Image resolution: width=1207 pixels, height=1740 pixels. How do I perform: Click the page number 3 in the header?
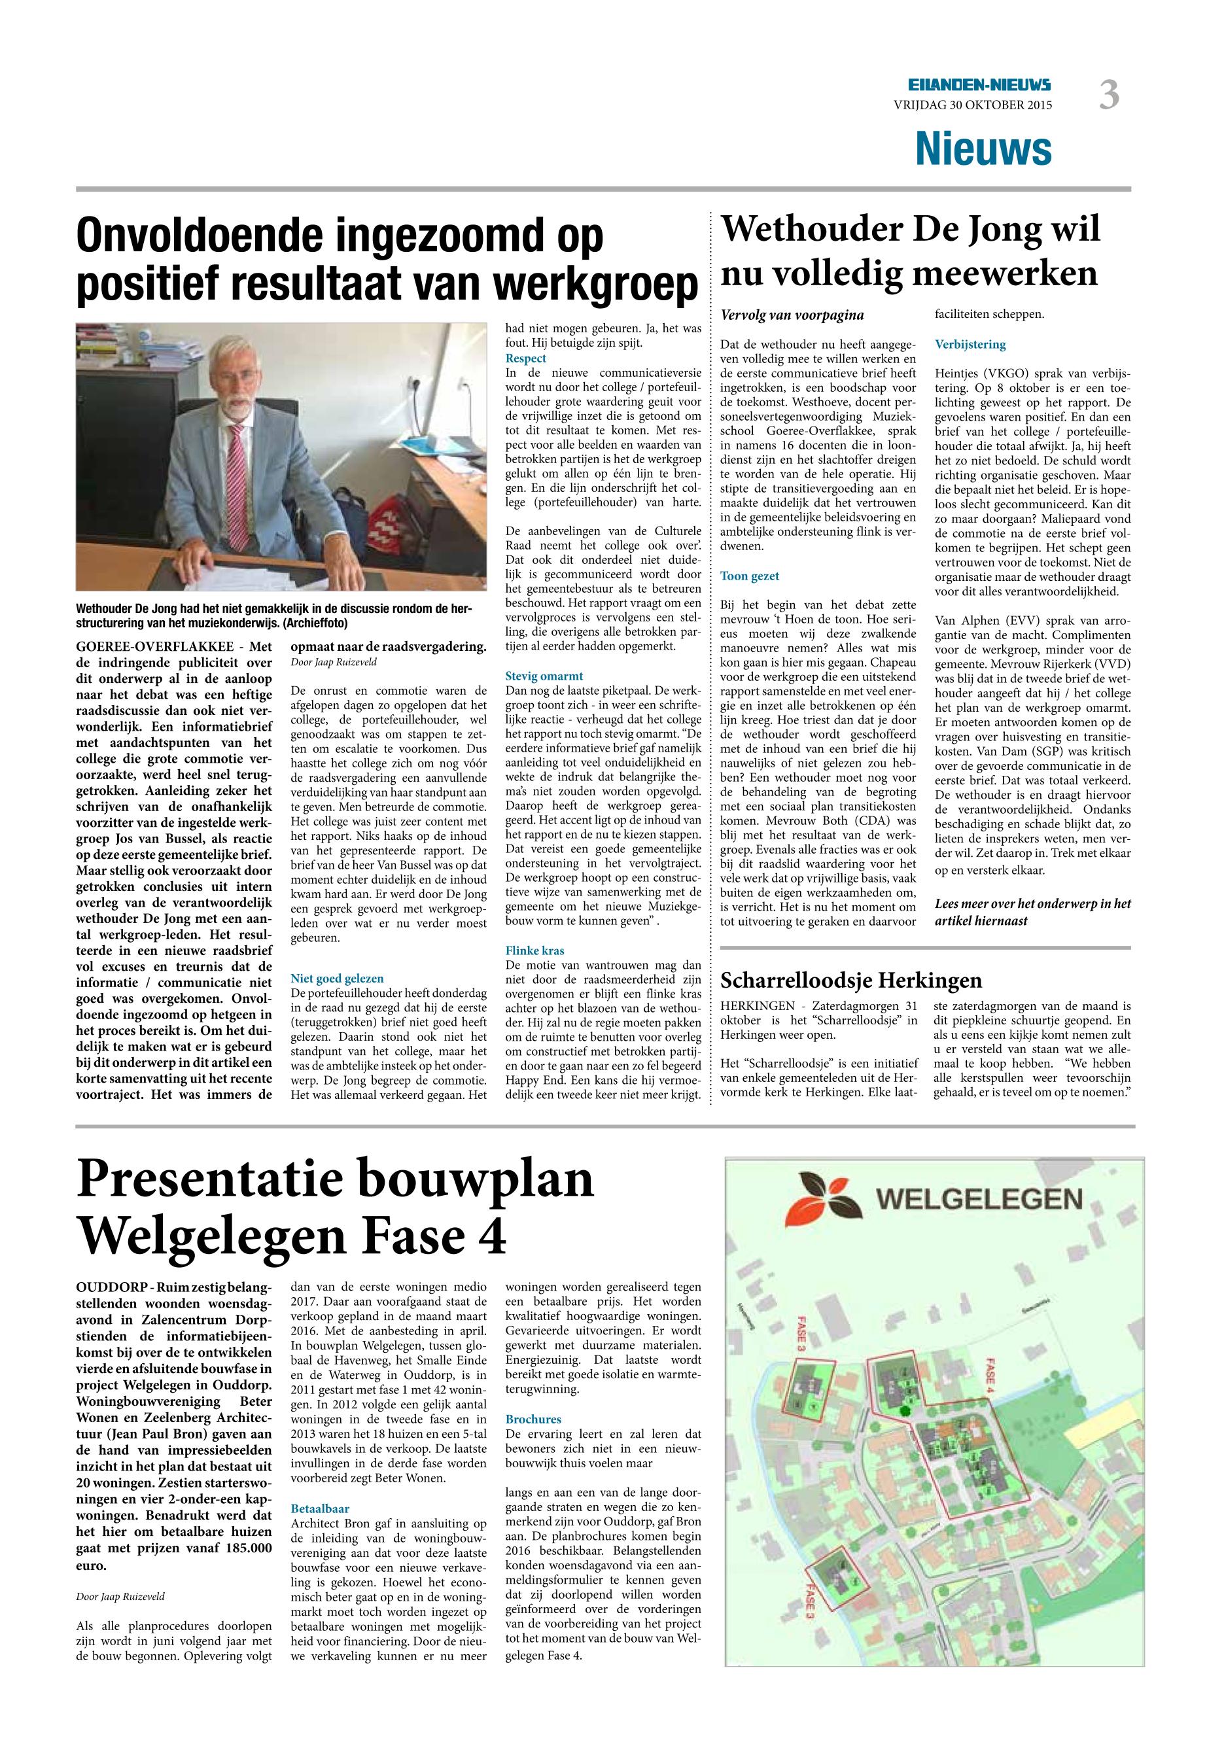coord(1109,96)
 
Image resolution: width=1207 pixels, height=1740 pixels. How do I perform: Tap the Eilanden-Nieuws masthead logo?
coord(979,86)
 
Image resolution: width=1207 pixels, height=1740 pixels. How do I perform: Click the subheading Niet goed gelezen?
coord(338,979)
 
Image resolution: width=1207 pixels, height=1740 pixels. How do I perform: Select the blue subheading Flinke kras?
coord(534,950)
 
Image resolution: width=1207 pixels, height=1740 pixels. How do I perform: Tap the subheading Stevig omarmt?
coord(544,676)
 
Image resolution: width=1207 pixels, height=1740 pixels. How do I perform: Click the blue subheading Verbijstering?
coord(970,344)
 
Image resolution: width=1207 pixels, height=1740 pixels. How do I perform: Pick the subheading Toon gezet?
coord(750,576)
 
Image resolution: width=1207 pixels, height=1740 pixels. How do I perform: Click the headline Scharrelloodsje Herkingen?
coord(851,981)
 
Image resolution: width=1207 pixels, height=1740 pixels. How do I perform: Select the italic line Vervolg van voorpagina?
coord(792,315)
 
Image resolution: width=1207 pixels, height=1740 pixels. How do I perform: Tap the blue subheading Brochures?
coord(533,1419)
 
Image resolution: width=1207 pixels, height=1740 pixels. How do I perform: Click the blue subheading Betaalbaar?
coord(320,1508)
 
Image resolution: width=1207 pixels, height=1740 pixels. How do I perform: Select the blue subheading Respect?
coord(525,358)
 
